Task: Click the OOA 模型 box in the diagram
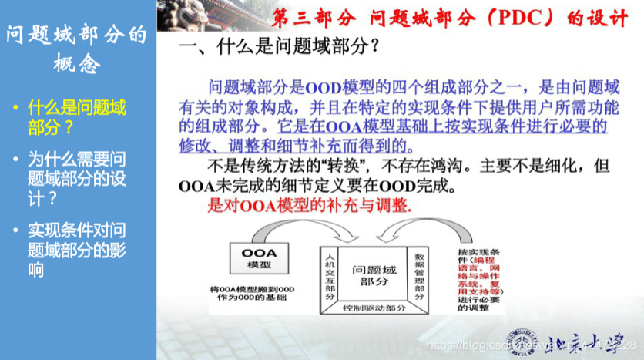259,259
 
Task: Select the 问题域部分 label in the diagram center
374,276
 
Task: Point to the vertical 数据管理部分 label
420,275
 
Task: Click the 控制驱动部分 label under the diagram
375,308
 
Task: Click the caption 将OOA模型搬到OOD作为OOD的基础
261,294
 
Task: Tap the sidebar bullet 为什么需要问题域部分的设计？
76,178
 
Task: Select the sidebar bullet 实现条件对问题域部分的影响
76,249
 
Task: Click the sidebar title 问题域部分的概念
76,49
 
